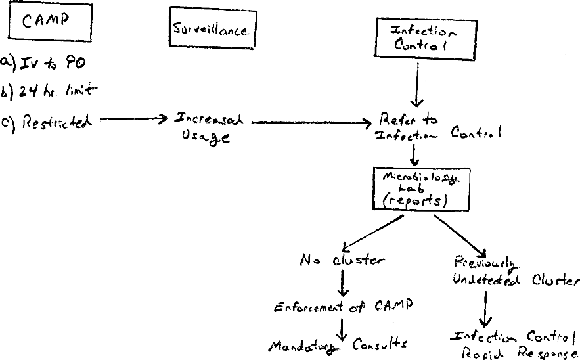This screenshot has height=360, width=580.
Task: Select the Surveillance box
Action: [x=212, y=30]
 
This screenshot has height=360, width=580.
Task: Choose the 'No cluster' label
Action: [x=342, y=259]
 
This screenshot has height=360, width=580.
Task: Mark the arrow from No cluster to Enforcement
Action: [x=342, y=283]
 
